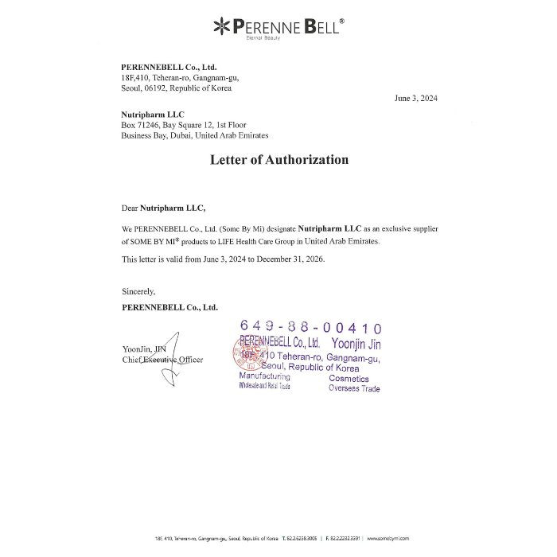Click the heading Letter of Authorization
278,160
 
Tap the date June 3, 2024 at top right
416,99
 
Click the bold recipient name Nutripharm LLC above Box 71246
153,115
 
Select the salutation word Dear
130,208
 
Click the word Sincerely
138,291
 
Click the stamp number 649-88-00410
310,328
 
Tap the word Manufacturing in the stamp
265,376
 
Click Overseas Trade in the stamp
354,388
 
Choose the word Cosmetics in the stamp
349,378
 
